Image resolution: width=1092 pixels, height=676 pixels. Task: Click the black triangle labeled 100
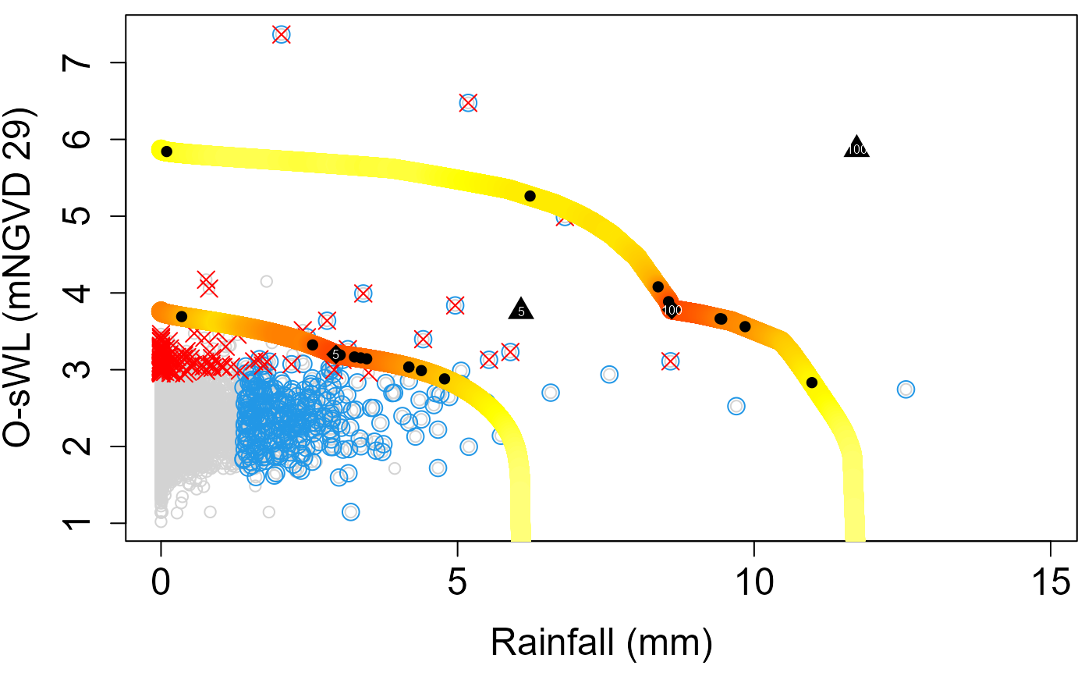(856, 147)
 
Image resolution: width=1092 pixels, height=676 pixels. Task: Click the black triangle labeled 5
(521, 309)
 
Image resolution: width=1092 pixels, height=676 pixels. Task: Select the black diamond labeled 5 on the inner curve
(335, 354)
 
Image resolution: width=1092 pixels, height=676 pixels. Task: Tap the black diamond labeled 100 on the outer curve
(672, 310)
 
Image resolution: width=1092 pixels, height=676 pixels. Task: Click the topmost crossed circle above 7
(282, 34)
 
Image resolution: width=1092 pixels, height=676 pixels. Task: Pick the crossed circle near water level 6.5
(468, 102)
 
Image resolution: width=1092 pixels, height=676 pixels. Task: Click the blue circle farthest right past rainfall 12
(906, 389)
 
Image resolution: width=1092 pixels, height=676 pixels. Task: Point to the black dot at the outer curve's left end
(166, 151)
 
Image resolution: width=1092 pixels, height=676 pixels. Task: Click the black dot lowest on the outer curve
(811, 382)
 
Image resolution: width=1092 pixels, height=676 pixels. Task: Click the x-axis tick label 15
(1051, 584)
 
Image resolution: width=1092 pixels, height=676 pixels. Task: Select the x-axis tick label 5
(458, 584)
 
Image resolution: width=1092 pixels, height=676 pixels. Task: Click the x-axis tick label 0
(161, 584)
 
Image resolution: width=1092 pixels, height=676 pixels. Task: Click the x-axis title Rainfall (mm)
(601, 642)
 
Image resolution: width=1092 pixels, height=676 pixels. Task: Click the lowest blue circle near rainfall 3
(350, 512)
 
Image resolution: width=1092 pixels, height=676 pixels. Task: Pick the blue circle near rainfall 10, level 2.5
(736, 406)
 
